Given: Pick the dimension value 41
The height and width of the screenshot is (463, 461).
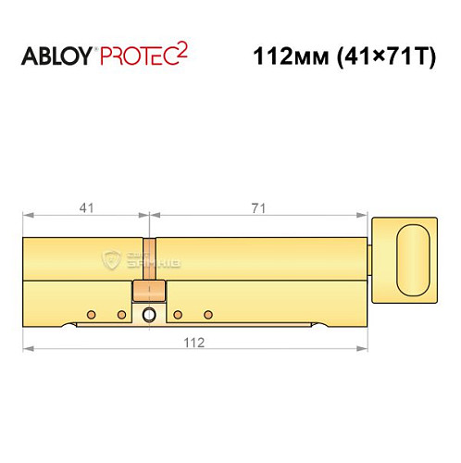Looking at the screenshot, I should click(x=86, y=208).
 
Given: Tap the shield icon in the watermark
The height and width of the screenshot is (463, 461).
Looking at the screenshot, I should click(x=112, y=263).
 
